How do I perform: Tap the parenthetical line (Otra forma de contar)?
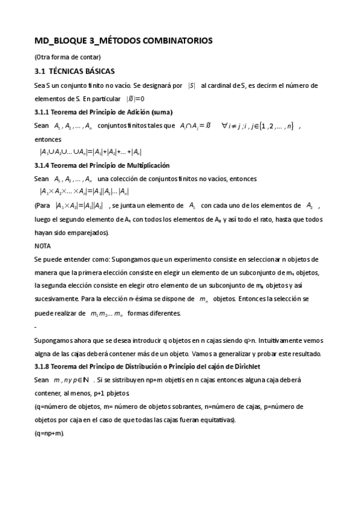tap(67, 57)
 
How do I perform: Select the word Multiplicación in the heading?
tap(147, 165)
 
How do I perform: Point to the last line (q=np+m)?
tap(49, 433)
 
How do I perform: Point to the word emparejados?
tap(72, 233)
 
